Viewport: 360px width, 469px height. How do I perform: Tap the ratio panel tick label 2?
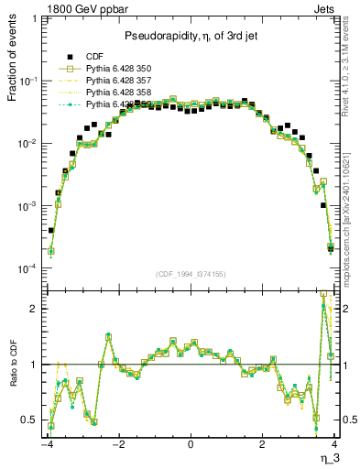(33, 309)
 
